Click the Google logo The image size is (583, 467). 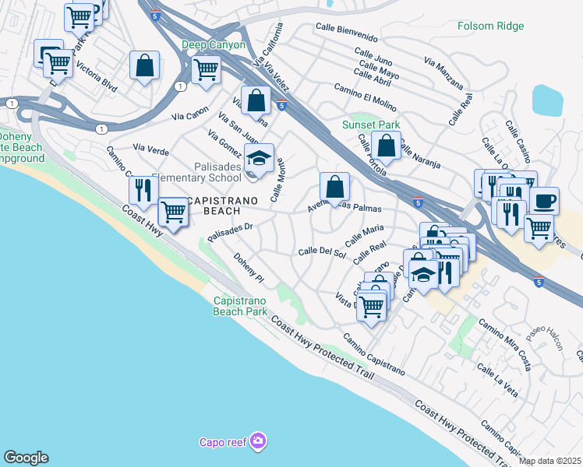(x=25, y=458)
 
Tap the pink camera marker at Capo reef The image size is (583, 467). (x=259, y=442)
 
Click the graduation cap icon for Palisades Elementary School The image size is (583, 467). (x=259, y=158)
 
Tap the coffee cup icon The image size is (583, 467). (x=545, y=201)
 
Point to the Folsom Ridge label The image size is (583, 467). (x=489, y=26)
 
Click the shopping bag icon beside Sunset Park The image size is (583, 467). (x=387, y=144)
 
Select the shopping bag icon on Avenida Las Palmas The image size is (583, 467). (x=334, y=187)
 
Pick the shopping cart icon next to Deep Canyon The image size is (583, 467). (x=206, y=68)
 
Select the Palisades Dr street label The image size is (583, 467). (x=231, y=229)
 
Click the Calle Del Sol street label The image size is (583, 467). (x=322, y=251)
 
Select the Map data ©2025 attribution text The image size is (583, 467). (x=550, y=461)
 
